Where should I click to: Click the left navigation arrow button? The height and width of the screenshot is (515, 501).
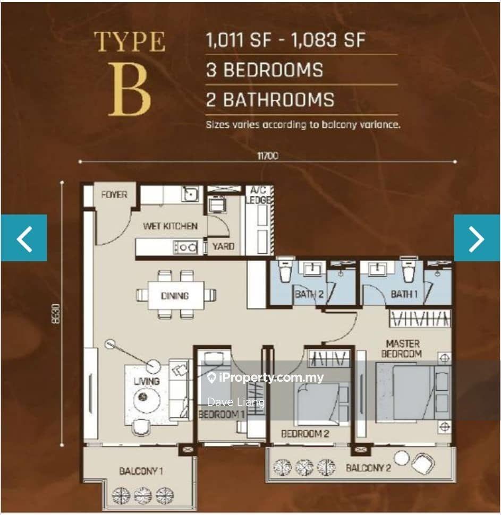[24, 238]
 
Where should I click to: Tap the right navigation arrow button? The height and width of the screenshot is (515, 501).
[477, 238]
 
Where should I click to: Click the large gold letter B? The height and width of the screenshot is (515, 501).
[130, 90]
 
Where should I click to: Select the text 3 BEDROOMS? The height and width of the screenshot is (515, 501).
[265, 70]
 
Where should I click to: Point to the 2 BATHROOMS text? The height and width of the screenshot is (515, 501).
[270, 100]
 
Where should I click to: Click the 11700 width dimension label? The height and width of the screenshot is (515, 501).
[267, 156]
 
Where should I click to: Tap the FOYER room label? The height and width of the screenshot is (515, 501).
[114, 195]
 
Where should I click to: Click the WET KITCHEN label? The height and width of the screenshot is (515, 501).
[171, 226]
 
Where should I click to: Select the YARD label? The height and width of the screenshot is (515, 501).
[223, 246]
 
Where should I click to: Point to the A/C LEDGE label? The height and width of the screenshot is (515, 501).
[260, 195]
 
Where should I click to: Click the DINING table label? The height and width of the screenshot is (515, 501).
[175, 296]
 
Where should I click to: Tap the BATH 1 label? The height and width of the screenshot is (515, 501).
[404, 294]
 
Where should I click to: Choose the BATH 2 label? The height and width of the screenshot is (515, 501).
[309, 294]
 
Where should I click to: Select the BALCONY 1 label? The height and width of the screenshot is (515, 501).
[141, 471]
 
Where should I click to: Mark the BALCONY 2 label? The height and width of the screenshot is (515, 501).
[368, 468]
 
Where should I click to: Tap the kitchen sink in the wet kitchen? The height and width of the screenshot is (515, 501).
[190, 194]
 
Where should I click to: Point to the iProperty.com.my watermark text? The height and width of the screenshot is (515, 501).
[266, 378]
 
